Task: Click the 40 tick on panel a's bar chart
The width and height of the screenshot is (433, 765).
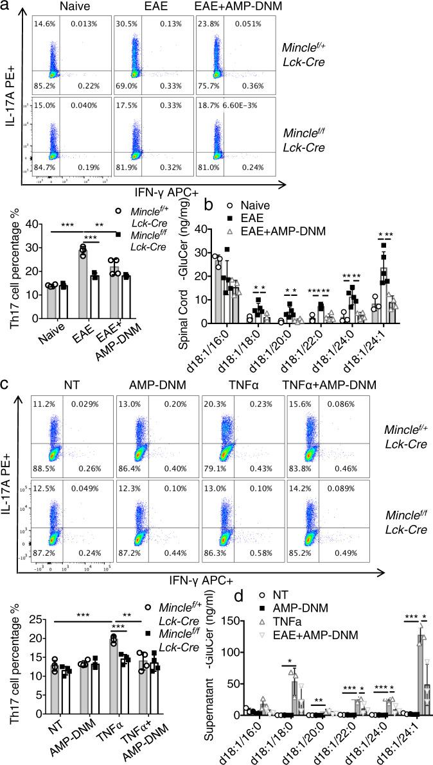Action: point(42,227)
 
